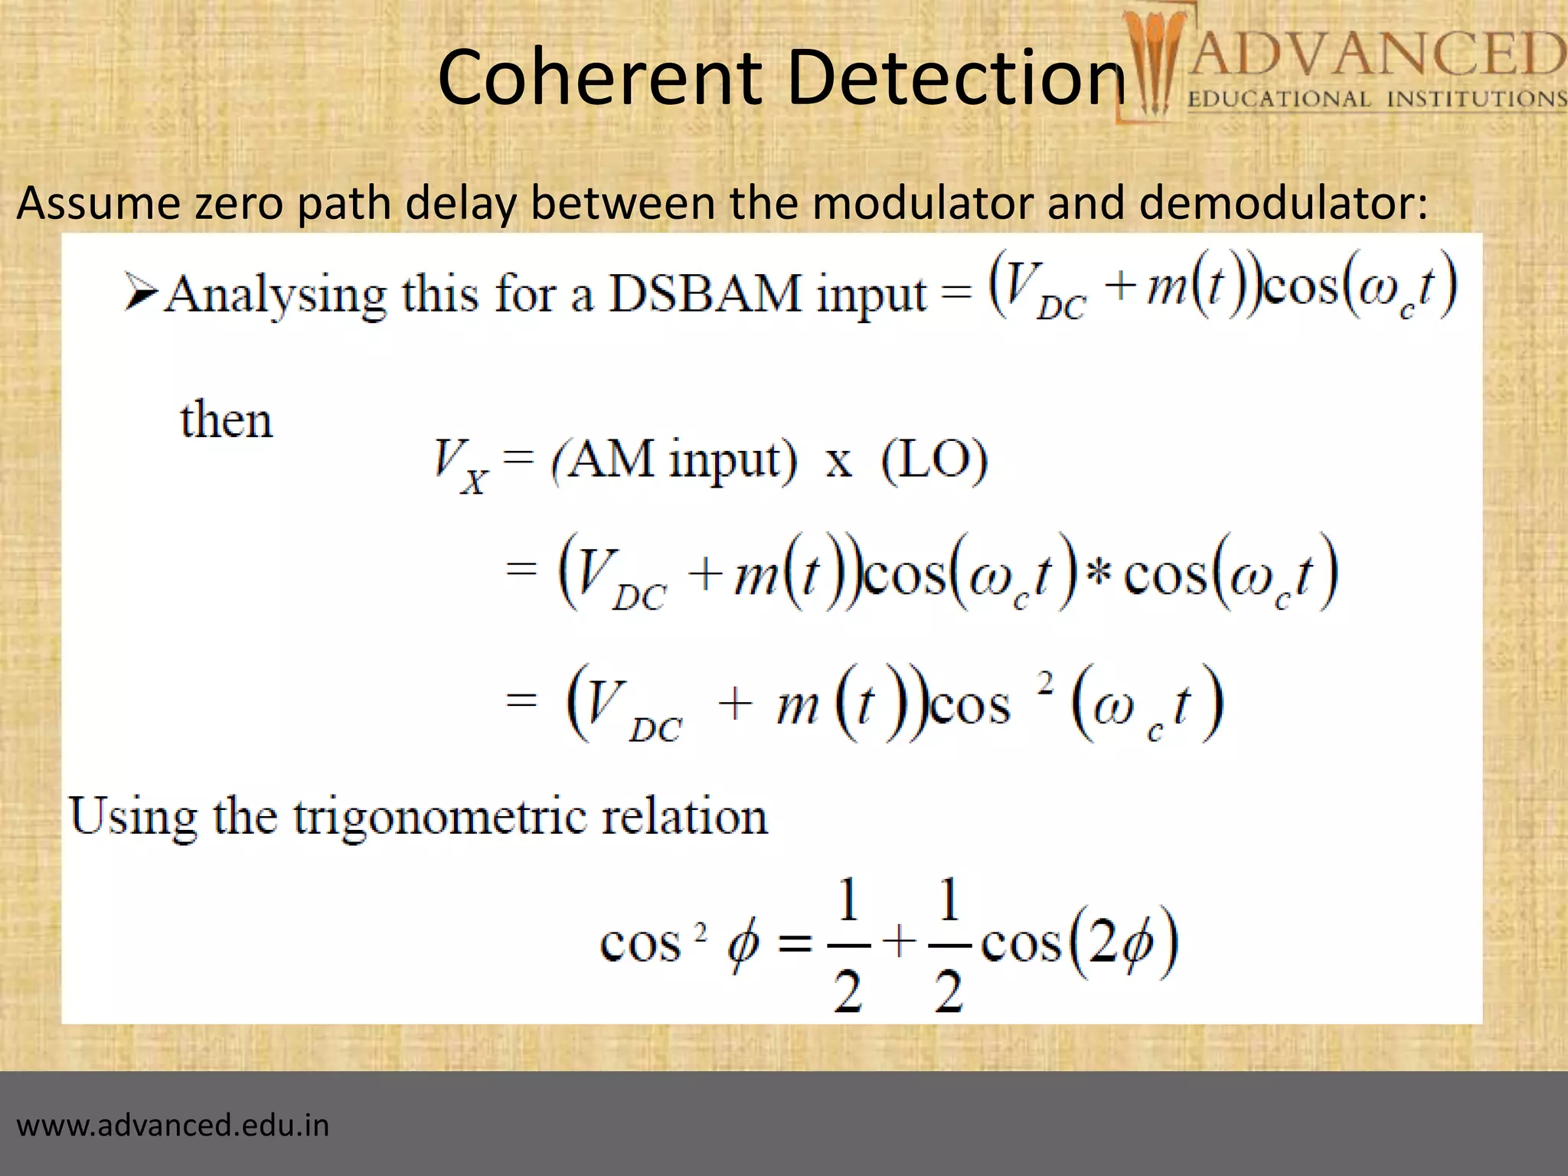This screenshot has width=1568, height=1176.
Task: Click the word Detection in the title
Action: coord(956,77)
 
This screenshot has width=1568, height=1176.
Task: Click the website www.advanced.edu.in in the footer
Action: coord(173,1125)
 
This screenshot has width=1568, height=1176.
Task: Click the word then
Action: coord(227,420)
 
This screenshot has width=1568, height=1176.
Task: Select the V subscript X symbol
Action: coord(460,465)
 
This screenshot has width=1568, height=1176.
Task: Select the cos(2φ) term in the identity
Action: coord(1080,943)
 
